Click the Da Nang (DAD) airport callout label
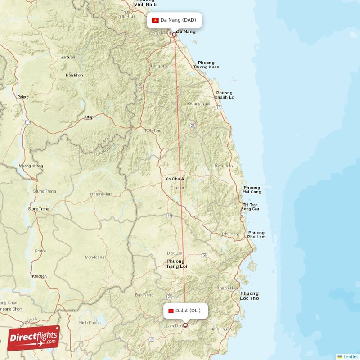(174, 20)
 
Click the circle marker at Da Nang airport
(174, 34)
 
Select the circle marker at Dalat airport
(185, 325)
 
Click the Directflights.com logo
(33, 338)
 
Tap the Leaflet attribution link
(347, 356)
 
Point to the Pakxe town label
(22, 97)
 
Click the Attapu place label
(90, 117)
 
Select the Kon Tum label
(153, 130)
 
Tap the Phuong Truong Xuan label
(206, 65)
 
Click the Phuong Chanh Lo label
(224, 95)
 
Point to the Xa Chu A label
(175, 179)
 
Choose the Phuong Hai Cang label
(252, 190)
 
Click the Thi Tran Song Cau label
(250, 207)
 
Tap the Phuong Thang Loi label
(175, 264)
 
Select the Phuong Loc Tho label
(250, 296)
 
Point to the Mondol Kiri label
(95, 257)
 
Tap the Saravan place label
(68, 58)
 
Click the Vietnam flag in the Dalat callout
(171, 310)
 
